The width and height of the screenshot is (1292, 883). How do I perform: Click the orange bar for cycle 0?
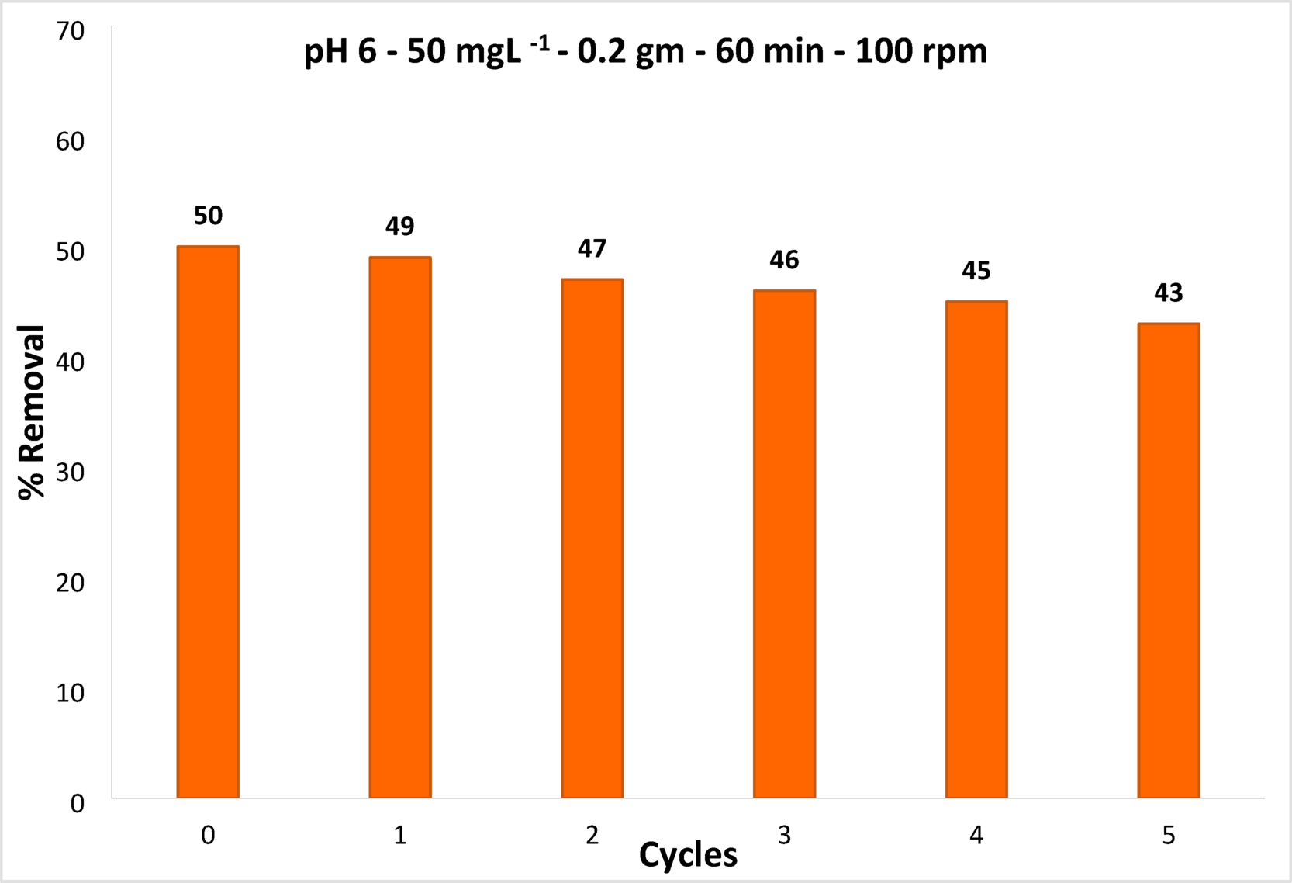point(208,521)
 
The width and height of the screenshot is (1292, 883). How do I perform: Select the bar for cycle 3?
point(784,543)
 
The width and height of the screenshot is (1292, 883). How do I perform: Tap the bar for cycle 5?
point(1168,560)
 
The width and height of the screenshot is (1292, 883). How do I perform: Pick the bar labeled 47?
point(592,538)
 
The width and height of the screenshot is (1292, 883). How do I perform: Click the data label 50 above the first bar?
point(208,216)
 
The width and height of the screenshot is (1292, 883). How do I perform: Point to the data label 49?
point(400,227)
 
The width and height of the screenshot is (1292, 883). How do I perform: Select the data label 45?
point(976,271)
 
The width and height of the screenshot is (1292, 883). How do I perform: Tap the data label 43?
point(1168,293)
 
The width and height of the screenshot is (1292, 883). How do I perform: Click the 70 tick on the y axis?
point(70,32)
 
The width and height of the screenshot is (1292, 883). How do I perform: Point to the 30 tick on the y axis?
point(70,472)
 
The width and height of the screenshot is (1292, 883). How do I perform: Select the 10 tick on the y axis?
point(70,693)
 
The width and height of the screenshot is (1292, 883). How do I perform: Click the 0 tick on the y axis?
point(77,803)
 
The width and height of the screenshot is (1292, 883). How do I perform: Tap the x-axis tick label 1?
point(400,835)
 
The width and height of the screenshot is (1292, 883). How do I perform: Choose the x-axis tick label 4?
point(976,835)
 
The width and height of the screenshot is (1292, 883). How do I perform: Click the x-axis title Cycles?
point(688,855)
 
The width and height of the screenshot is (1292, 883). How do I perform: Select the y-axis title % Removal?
point(33,412)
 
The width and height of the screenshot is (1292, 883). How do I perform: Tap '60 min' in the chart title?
point(769,53)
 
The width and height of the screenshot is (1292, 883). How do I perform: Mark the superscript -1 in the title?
point(540,44)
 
